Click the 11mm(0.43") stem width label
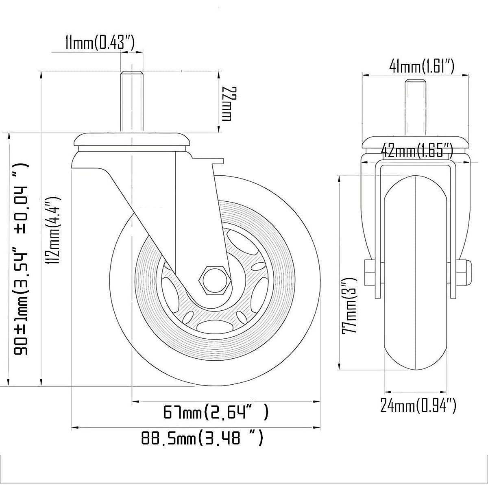pos(100,43)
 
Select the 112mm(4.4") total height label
pos(53,231)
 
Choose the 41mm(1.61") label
pos(422,67)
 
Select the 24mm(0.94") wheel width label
pos(418,412)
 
